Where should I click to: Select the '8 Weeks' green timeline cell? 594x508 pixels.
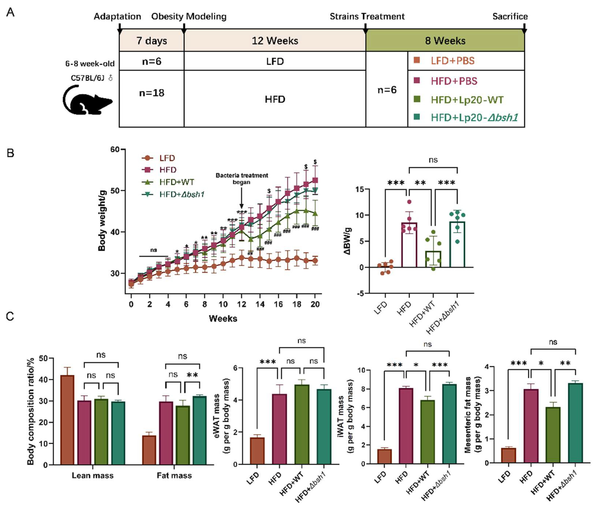[445, 40]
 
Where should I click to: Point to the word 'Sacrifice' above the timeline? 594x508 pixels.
[510, 16]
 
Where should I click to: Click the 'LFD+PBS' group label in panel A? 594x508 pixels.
[452, 61]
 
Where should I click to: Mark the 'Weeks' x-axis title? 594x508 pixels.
[223, 318]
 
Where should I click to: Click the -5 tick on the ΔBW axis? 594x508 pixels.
[360, 293]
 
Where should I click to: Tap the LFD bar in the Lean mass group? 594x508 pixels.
[67, 420]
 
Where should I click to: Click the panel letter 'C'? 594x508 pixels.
[10, 317]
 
